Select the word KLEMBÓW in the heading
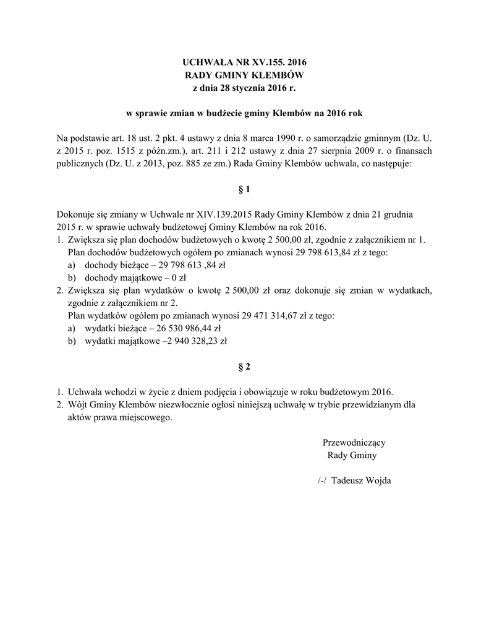click(278, 75)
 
